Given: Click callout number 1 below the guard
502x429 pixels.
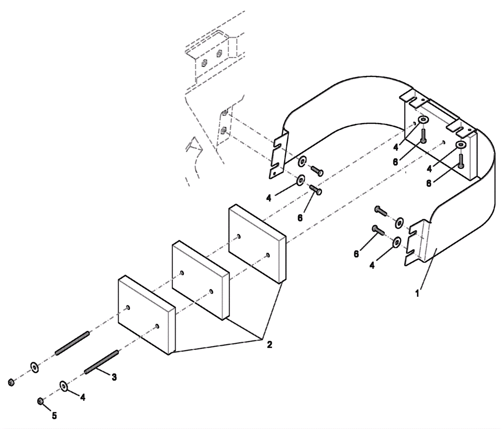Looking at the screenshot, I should pyautogui.click(x=417, y=294).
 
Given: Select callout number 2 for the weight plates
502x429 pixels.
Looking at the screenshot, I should pyautogui.click(x=270, y=345).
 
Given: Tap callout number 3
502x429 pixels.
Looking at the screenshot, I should pyautogui.click(x=114, y=377).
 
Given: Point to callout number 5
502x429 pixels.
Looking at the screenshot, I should pyautogui.click(x=54, y=416).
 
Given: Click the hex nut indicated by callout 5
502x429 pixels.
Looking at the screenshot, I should pyautogui.click(x=40, y=401).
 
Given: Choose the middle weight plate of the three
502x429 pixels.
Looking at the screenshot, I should pyautogui.click(x=200, y=279).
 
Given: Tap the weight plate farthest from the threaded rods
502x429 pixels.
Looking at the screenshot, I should pyautogui.click(x=257, y=243).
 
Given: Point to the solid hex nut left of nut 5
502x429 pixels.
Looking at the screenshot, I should pyautogui.click(x=11, y=383).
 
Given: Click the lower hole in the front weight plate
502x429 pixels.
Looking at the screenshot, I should pyautogui.click(x=157, y=326).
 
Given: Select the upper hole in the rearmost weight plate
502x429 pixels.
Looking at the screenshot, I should pyautogui.click(x=239, y=237).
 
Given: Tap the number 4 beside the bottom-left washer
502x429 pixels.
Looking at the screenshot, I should pyautogui.click(x=83, y=398).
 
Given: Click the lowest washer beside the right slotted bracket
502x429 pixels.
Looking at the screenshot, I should pyautogui.click(x=397, y=242).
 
